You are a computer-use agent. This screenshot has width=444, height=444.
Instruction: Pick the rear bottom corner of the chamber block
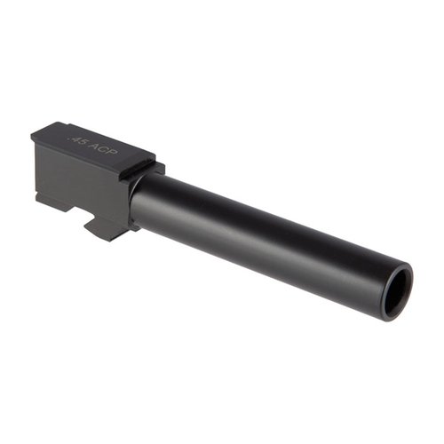(37, 201)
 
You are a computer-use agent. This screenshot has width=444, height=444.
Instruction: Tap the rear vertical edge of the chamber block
(36, 169)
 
